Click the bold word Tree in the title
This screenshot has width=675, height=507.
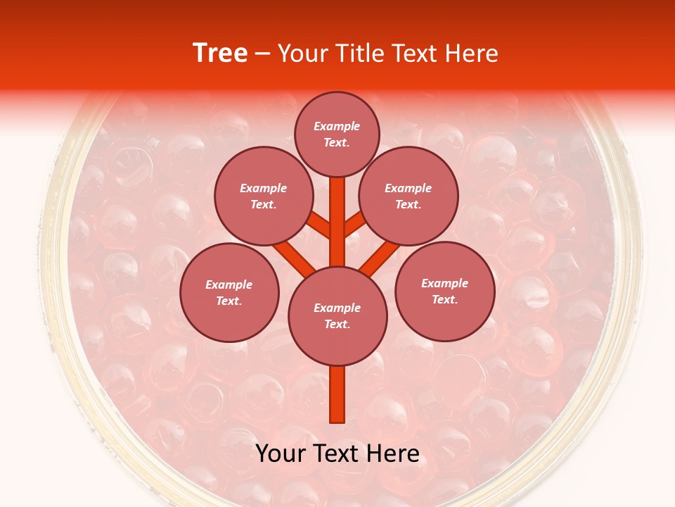tap(220, 53)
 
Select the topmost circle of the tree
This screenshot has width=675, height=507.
tap(337, 134)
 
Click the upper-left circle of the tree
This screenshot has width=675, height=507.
tap(263, 196)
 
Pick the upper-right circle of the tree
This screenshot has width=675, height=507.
tap(408, 196)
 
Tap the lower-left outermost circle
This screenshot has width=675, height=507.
tap(229, 292)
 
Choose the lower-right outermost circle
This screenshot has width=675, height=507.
tap(444, 291)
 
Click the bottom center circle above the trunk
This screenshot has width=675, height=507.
tap(337, 315)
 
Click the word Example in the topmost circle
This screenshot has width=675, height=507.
tap(337, 126)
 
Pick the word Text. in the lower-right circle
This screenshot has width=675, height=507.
tap(444, 299)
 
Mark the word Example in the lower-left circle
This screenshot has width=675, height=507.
tap(229, 284)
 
